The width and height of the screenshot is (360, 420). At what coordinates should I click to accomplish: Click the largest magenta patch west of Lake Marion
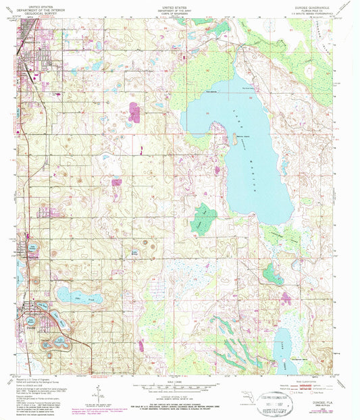(x=134, y=112)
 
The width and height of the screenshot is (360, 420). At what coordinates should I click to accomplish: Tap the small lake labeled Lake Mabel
(x=134, y=254)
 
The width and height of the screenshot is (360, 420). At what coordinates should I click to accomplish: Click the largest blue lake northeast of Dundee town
(x=80, y=295)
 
